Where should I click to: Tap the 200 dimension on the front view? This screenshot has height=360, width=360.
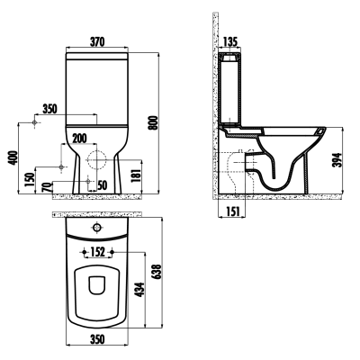click(x=80, y=138)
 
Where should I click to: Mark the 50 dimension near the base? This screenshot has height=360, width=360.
click(x=102, y=184)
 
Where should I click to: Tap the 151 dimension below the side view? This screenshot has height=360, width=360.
click(x=233, y=212)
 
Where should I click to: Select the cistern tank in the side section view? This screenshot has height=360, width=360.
click(x=233, y=90)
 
